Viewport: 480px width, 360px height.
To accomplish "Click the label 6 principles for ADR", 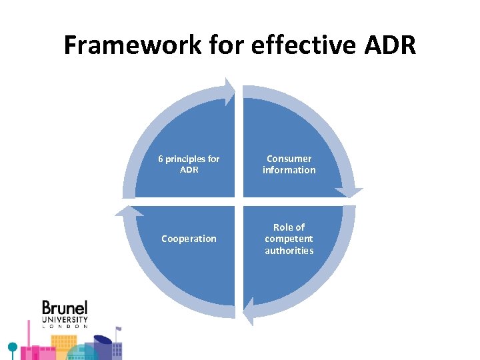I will click(x=189, y=164).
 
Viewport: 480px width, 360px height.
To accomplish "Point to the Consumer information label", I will click(x=289, y=164).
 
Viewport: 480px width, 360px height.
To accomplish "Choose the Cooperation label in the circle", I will click(x=189, y=239).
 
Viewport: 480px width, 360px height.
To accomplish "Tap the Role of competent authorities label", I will click(x=289, y=239).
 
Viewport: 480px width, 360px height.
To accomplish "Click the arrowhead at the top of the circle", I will click(x=229, y=92).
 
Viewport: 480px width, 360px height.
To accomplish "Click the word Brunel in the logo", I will click(x=65, y=309).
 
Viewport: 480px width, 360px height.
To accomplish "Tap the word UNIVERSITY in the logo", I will click(x=65, y=319).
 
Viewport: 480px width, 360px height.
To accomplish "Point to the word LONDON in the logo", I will click(x=65, y=326).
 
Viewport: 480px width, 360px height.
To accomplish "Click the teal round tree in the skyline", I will click(x=11, y=347).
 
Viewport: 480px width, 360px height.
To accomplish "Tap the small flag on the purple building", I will click(x=118, y=329).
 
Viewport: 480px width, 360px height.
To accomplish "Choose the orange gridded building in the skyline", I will click(x=65, y=343).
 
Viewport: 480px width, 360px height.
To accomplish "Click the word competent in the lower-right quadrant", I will click(x=289, y=239).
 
